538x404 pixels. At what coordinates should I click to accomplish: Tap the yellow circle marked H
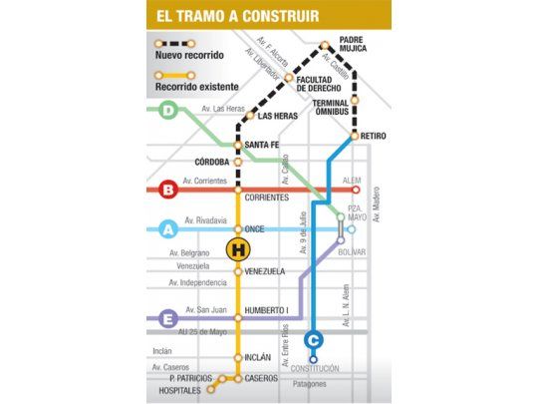point(239,249)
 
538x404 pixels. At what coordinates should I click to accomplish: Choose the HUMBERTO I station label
point(266,309)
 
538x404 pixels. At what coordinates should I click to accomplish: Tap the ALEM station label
point(351,181)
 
